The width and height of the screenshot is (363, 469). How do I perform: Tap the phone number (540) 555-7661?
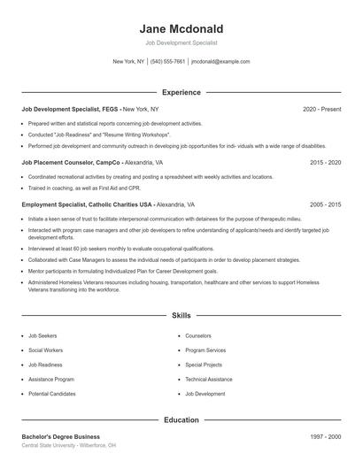click(x=167, y=62)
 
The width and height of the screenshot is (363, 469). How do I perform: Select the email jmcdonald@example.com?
click(x=220, y=62)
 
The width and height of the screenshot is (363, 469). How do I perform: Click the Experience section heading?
click(x=181, y=92)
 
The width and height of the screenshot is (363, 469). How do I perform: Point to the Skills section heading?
click(x=181, y=315)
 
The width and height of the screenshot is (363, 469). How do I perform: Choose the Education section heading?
click(x=181, y=420)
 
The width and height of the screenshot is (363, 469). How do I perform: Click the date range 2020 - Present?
click(x=321, y=109)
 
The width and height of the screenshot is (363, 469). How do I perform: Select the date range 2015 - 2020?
click(x=325, y=163)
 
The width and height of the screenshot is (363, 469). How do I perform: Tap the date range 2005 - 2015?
click(x=325, y=204)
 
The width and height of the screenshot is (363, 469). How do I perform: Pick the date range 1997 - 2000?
click(x=325, y=436)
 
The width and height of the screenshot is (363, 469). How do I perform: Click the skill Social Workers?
click(x=46, y=350)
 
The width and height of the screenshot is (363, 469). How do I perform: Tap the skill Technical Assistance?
click(x=208, y=379)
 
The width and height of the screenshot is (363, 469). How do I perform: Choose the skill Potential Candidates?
click(x=51, y=393)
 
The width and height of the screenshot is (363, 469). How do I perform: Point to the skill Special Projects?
click(x=203, y=365)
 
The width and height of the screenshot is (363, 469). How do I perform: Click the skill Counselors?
click(x=199, y=336)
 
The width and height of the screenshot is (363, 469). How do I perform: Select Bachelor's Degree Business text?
click(x=60, y=436)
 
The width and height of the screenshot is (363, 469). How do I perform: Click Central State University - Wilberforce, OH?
click(x=68, y=446)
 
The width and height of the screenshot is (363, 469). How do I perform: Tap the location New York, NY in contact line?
click(x=128, y=62)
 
